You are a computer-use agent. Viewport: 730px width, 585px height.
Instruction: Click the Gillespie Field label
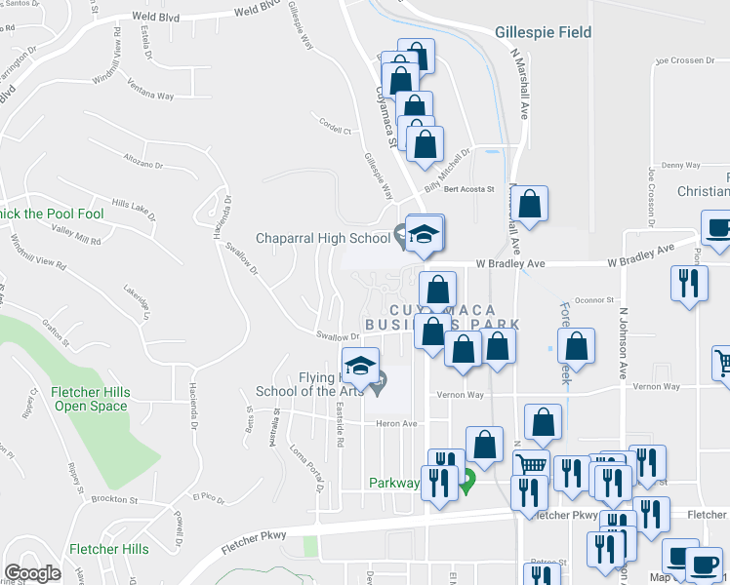tap(543, 32)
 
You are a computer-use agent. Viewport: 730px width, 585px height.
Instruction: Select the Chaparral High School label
tap(322, 237)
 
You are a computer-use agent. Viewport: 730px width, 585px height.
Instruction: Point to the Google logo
tap(32, 573)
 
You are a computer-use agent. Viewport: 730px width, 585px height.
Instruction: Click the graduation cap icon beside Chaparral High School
tap(425, 234)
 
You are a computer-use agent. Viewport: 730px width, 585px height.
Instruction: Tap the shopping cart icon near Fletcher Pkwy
tap(530, 466)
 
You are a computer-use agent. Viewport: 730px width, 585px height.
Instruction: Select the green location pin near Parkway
tap(467, 480)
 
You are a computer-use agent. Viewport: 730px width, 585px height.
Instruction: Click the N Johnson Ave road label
tap(622, 344)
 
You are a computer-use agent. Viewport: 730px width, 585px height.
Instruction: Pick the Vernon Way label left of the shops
tap(462, 395)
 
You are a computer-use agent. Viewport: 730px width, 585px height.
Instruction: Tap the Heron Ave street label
tap(396, 423)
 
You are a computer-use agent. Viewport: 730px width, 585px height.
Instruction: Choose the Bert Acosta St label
tap(470, 189)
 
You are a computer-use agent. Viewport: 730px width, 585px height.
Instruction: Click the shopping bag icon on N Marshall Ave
tap(531, 205)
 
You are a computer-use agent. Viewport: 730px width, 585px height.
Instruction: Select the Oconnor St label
tap(591, 301)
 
